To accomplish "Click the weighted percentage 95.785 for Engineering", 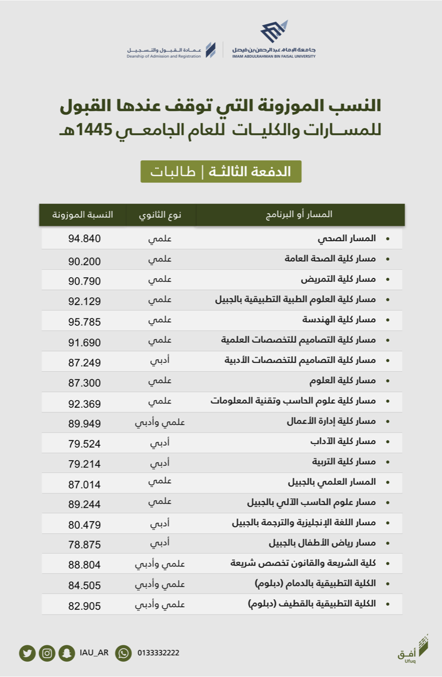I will pyautogui.click(x=84, y=322).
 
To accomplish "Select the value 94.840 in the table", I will pyautogui.click(x=84, y=239).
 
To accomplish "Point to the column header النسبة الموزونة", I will pyautogui.click(x=82, y=215).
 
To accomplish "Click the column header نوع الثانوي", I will pyautogui.click(x=160, y=215).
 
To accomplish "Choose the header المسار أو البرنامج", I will pyautogui.click(x=299, y=215).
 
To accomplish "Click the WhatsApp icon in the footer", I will pyautogui.click(x=123, y=653).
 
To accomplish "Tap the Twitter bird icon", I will pyautogui.click(x=27, y=653).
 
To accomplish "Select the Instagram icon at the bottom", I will pyautogui.click(x=47, y=653).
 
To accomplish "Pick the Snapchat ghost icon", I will pyautogui.click(x=67, y=653).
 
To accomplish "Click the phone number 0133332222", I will pyautogui.click(x=158, y=653).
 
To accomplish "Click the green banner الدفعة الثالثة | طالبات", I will pyautogui.click(x=221, y=172).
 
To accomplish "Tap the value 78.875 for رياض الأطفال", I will pyautogui.click(x=84, y=545).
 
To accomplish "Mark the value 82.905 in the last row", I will pyautogui.click(x=84, y=606).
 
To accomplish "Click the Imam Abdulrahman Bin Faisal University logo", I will pyautogui.click(x=274, y=40).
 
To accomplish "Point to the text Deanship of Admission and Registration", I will pyautogui.click(x=164, y=56).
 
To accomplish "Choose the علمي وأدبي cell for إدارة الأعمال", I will pyautogui.click(x=160, y=422).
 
